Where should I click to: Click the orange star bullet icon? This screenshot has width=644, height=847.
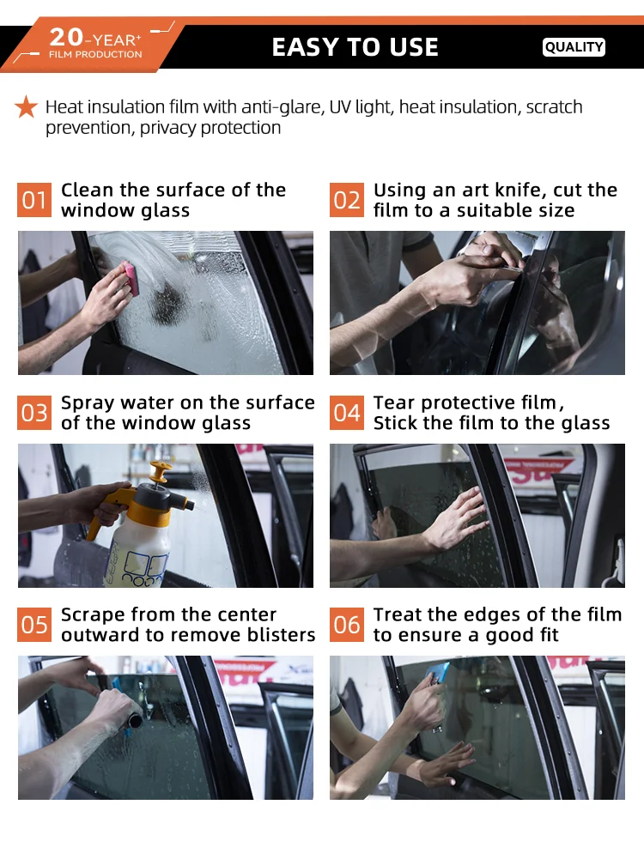[x=27, y=107]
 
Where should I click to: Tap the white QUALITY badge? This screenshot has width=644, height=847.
[x=574, y=47]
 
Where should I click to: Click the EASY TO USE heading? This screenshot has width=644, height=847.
[x=355, y=47]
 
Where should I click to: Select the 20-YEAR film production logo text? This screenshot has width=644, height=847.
[x=94, y=43]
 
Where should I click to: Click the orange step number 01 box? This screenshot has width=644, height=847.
[x=34, y=201]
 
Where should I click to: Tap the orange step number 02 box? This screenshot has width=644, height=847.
[x=347, y=201]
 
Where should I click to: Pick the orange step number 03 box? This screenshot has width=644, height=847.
[x=34, y=414]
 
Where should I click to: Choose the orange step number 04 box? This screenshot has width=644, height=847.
[x=347, y=414]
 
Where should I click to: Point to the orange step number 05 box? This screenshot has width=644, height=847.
[x=34, y=625]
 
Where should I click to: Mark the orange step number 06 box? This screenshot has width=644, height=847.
[x=347, y=625]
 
